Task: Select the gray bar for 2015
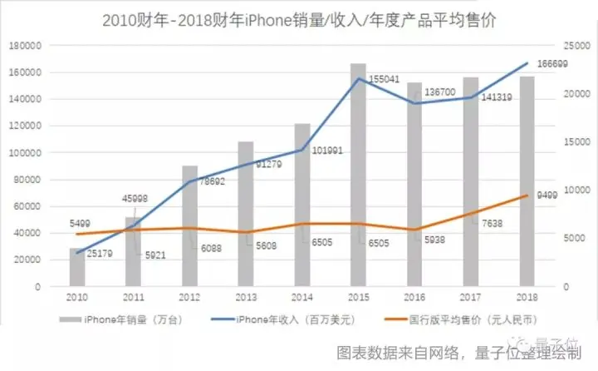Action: click(358, 175)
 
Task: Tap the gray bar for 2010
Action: click(77, 267)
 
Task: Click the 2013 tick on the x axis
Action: click(246, 297)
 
